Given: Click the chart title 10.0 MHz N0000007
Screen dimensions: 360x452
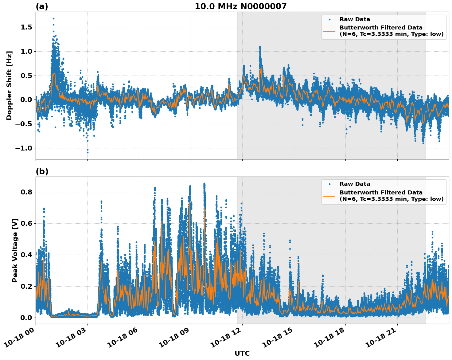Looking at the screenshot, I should pos(240,6).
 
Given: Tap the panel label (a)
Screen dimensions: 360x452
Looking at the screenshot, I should pos(42,6).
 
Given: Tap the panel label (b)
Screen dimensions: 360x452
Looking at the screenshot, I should pos(42,171).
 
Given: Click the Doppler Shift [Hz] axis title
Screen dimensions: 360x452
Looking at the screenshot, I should pos(9,85).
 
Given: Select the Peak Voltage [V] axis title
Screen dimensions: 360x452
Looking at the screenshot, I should pos(15,250).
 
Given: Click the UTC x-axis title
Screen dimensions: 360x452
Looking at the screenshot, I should pos(242,353).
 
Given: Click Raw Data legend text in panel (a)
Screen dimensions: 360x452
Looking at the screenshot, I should pos(355,19).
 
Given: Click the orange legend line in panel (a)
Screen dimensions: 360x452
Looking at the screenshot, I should pos(329,31).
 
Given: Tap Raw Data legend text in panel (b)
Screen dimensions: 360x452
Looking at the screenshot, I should pos(355,184).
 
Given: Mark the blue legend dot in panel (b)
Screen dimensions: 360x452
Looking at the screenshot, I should pos(329,184).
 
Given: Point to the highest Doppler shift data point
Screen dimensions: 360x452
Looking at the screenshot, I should pos(53,18).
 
